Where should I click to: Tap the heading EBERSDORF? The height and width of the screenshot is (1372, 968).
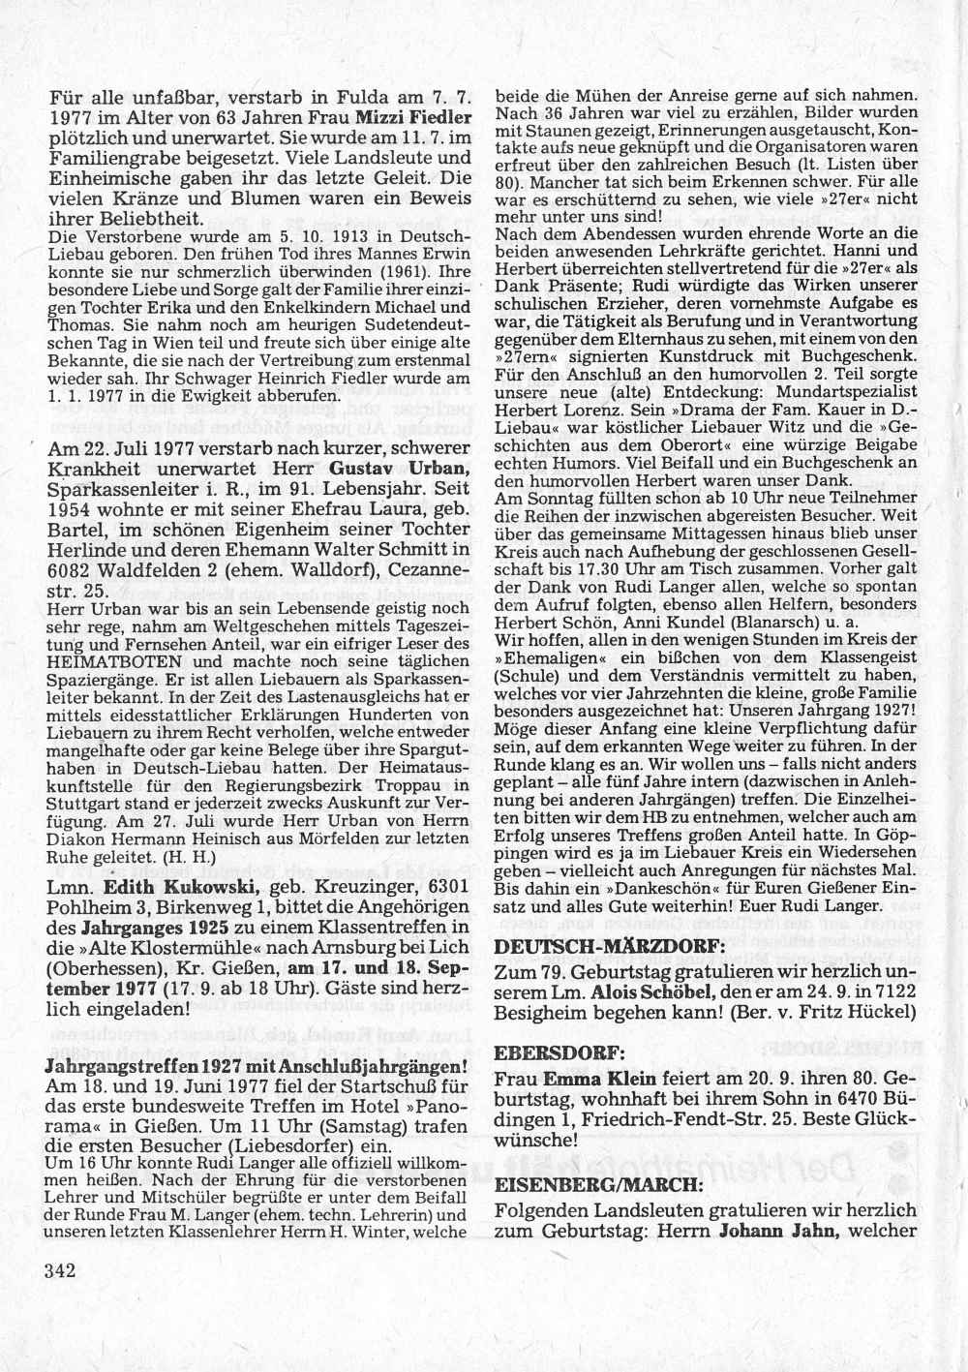point(545,1052)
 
